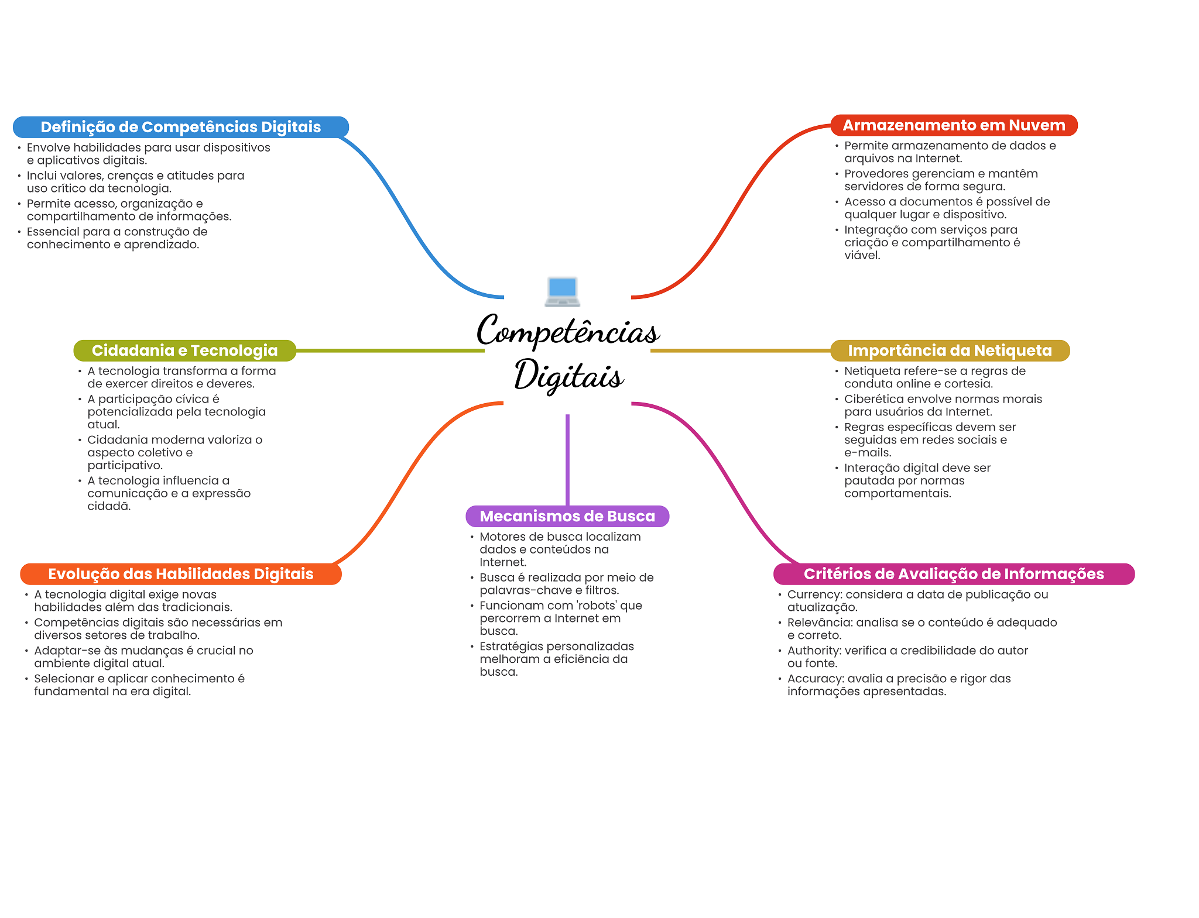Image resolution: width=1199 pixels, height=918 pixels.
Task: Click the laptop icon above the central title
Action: [x=562, y=291]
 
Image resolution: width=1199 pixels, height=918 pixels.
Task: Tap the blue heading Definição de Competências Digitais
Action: [x=180, y=127]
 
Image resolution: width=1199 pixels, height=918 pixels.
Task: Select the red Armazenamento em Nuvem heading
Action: [x=954, y=125]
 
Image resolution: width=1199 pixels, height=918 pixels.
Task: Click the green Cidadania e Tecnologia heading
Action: [x=184, y=350]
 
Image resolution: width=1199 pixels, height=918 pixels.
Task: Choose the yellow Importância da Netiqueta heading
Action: [x=950, y=350]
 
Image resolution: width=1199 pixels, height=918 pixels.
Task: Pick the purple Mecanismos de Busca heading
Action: [x=567, y=516]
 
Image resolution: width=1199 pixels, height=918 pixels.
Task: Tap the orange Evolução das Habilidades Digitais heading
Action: [x=180, y=574]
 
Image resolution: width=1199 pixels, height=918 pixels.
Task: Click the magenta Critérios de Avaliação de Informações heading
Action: [x=954, y=574]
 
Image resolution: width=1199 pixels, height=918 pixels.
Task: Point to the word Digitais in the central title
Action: [x=568, y=376]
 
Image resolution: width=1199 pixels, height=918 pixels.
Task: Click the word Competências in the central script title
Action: [x=568, y=332]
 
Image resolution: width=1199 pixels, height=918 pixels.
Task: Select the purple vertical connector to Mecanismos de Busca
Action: [x=567, y=459]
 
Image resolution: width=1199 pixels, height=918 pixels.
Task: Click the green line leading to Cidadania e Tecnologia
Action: [x=390, y=350]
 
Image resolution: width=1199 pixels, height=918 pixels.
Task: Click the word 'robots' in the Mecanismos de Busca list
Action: [x=597, y=606]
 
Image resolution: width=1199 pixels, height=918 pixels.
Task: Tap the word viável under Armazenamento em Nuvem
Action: [x=862, y=255]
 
